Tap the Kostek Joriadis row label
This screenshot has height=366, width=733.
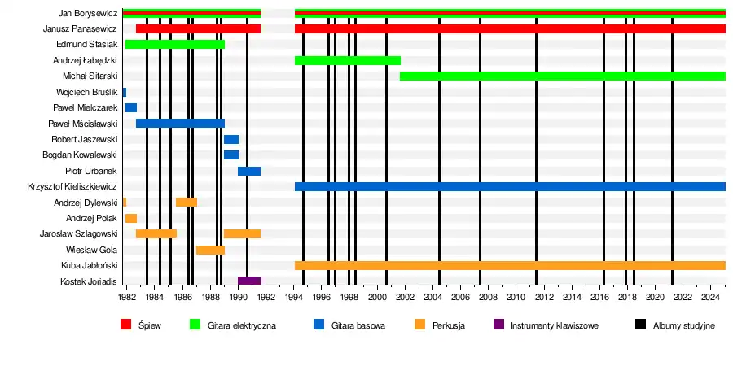click(x=89, y=281)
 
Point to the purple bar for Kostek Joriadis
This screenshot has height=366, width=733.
click(x=248, y=281)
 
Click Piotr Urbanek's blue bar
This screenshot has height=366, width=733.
click(x=248, y=171)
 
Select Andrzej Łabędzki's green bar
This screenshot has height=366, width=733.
click(x=347, y=60)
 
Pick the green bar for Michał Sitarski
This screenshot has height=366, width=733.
click(x=562, y=76)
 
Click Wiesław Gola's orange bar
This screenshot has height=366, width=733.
click(x=210, y=250)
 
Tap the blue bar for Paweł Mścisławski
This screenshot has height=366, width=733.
click(x=180, y=124)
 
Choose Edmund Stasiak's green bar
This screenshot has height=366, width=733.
click(x=174, y=44)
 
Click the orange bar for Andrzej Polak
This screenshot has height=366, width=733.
click(x=130, y=218)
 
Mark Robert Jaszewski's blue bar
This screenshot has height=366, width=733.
click(x=230, y=139)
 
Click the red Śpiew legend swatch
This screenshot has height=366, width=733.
click(x=125, y=325)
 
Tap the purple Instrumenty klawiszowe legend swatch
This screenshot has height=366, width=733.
click(x=498, y=325)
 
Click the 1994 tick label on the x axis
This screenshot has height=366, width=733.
click(x=294, y=297)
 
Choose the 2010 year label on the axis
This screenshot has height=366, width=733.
click(x=516, y=297)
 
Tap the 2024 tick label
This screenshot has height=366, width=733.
click(x=711, y=297)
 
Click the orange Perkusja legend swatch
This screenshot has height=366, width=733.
click(x=419, y=325)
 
